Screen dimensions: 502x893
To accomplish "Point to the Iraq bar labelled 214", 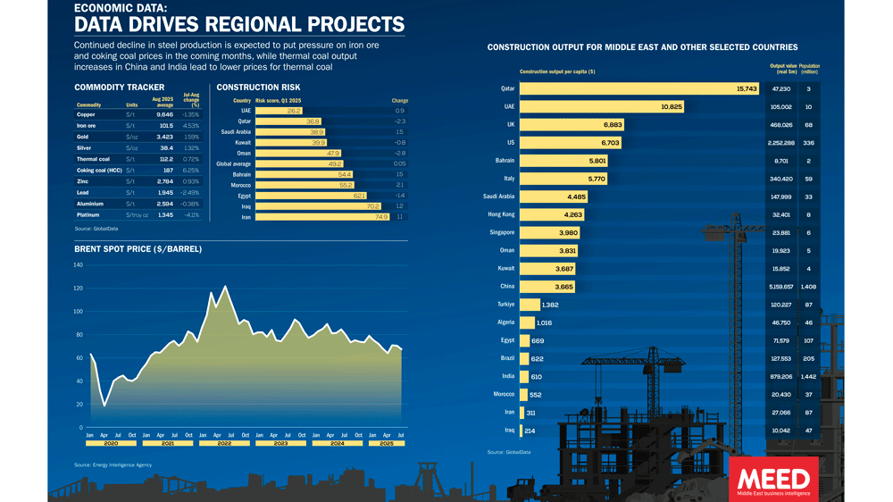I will (533, 430).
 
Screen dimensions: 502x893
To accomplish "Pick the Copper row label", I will (86, 115).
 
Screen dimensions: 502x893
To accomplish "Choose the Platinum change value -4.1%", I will (191, 215).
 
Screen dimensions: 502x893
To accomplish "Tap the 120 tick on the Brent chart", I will (78, 289).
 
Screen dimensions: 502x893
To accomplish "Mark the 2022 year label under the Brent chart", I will (224, 443).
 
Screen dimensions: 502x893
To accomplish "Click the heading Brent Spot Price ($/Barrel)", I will (138, 249).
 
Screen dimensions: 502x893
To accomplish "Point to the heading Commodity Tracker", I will (107, 88).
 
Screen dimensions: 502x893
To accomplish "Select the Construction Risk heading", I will (259, 88).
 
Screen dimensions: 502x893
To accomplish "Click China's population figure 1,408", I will (808, 286).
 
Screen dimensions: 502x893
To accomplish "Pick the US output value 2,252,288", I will (782, 143).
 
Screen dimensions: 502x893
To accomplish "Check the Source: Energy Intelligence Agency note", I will (113, 465).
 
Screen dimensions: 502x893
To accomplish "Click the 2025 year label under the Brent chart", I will (388, 443).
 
